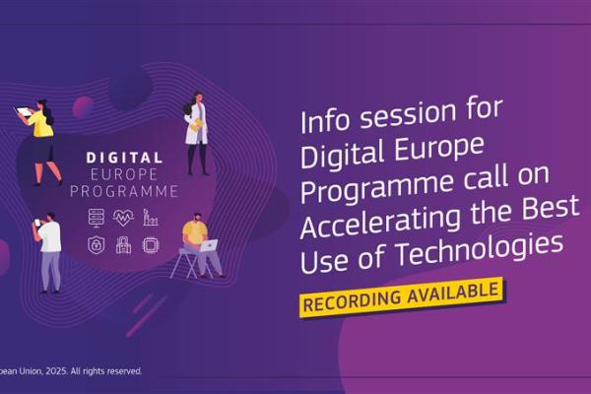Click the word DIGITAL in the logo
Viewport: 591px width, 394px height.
[124, 158]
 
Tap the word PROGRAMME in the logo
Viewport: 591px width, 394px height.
[124, 191]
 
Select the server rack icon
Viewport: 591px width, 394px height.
[97, 218]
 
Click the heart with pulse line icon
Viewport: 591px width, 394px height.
[123, 218]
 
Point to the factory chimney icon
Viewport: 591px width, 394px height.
[150, 218]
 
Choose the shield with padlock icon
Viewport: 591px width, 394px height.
[97, 245]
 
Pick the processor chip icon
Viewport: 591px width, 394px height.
[151, 245]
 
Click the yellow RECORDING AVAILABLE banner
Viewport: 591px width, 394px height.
[402, 297]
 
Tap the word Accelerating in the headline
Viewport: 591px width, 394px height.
[380, 222]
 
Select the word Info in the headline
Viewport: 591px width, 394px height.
[327, 120]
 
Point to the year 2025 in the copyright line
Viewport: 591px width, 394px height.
[57, 371]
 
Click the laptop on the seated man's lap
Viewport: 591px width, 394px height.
[209, 245]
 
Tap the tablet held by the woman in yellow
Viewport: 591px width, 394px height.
[23, 112]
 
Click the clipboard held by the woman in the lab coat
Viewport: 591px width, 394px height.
[196, 125]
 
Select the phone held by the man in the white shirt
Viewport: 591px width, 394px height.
[37, 222]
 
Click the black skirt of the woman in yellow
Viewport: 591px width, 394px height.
[43, 149]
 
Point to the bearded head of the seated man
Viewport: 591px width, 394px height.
[198, 219]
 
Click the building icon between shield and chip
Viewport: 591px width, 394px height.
[123, 245]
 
